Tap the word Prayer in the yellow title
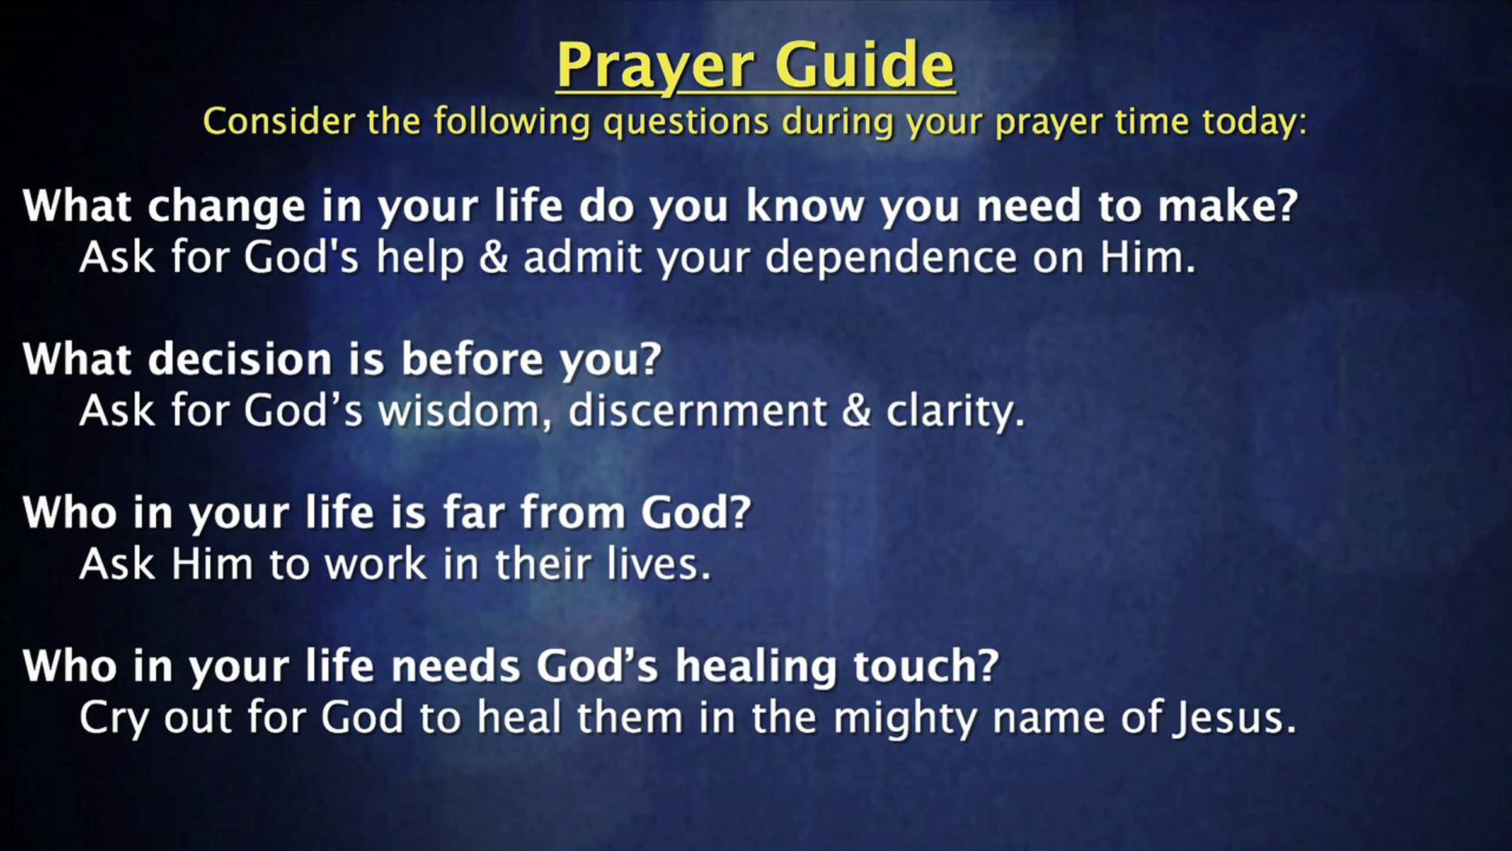(x=656, y=67)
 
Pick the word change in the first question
(x=226, y=207)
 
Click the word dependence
(x=890, y=258)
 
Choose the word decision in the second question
(x=239, y=359)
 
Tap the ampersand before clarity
(x=856, y=410)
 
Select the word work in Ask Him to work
(x=375, y=564)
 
